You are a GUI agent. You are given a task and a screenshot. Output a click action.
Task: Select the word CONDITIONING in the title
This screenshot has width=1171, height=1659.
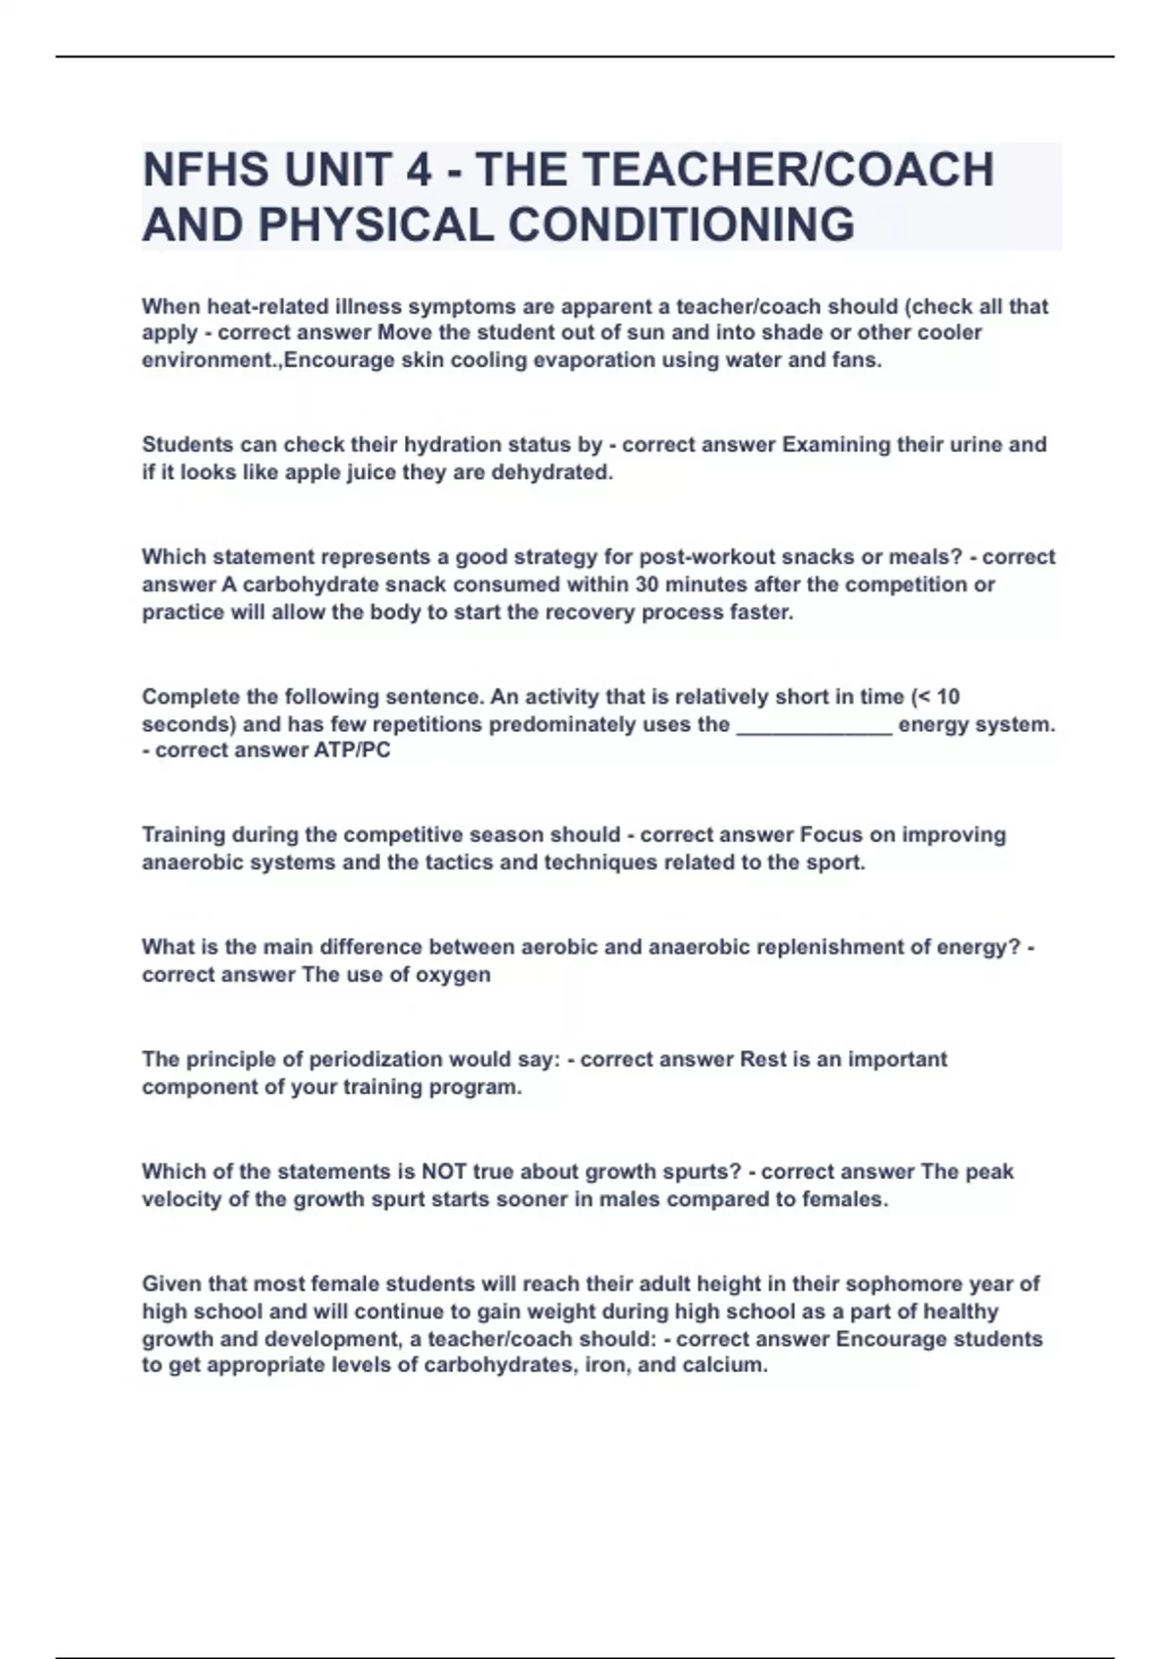point(681,224)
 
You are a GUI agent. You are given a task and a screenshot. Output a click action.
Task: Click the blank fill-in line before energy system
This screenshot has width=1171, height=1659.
point(814,725)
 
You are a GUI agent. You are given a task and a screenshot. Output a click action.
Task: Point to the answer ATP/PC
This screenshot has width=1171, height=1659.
point(351,750)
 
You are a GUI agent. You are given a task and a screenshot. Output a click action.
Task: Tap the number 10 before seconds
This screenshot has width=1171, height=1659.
point(948,697)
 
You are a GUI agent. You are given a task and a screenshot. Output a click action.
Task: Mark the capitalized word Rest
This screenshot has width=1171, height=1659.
point(763,1060)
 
